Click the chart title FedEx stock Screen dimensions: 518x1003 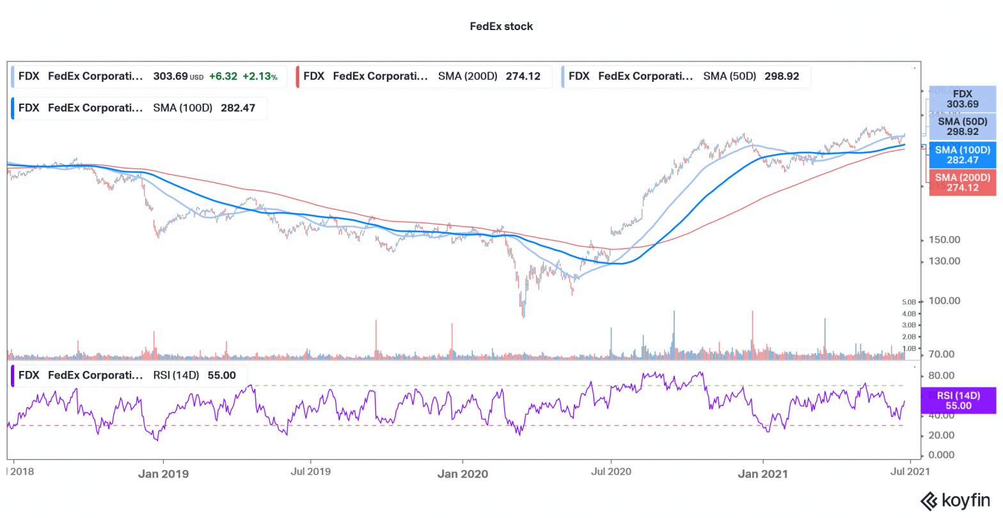pos(501,26)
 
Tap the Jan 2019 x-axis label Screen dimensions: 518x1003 pos(163,474)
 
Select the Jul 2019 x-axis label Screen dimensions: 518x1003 pos(311,472)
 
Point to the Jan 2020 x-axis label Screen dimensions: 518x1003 pos(462,474)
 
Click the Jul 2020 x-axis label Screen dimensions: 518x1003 pos(611,472)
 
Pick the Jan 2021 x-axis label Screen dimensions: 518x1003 pos(762,474)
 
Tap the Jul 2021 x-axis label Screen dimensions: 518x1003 pos(910,472)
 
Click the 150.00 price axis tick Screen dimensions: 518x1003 pos(944,240)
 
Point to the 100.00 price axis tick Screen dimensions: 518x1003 pos(944,301)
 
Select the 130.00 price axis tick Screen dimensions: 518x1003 pos(944,261)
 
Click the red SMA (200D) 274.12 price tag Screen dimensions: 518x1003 pos(962,182)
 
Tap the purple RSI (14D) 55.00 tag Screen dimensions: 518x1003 pos(958,401)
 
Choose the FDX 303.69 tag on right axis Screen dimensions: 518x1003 pos(962,99)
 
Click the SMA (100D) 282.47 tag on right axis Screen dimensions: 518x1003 pos(962,155)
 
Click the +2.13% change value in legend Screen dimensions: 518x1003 pos(260,76)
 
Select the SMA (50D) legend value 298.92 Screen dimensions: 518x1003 pos(782,76)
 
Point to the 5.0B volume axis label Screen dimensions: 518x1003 pos(909,302)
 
